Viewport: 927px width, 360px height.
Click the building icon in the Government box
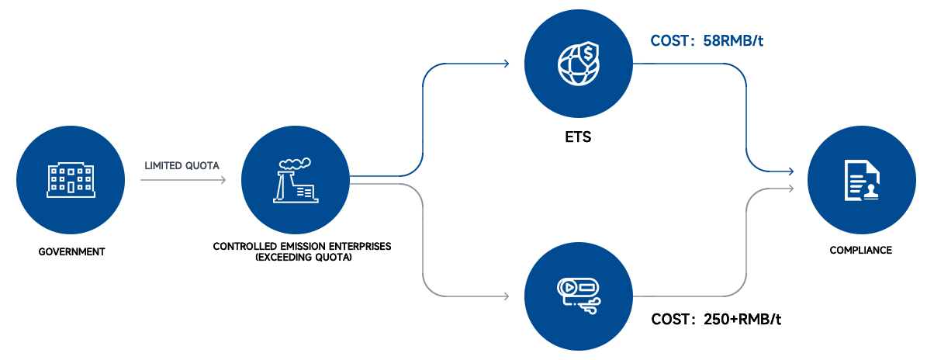[71, 179]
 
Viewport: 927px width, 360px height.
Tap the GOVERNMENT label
[71, 252]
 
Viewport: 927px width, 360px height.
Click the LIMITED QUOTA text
[182, 165]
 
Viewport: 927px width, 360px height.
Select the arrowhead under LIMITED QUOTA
[223, 180]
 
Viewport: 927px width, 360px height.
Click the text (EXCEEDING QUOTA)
[303, 257]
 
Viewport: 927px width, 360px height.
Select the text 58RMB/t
[733, 41]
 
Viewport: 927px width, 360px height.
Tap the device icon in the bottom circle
[578, 295]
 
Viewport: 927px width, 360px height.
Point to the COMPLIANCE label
[860, 251]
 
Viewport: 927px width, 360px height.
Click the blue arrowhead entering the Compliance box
[790, 171]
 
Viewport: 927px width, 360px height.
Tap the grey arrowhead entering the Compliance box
[790, 189]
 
